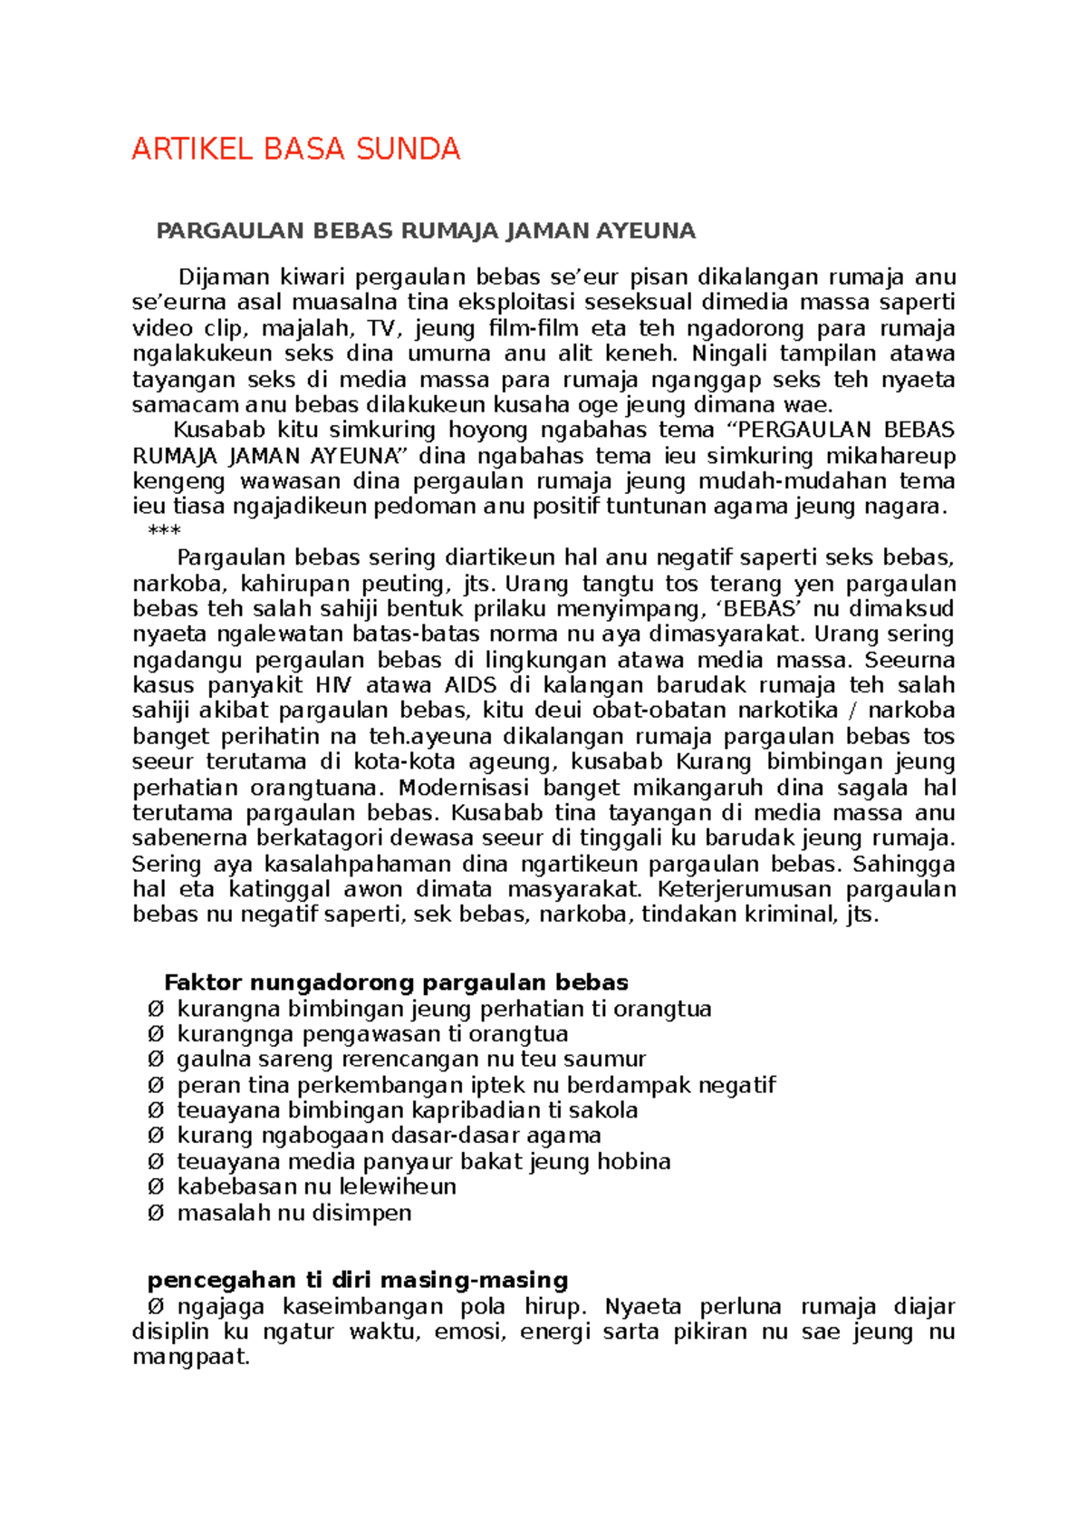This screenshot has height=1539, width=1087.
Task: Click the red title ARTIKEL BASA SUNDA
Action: (296, 149)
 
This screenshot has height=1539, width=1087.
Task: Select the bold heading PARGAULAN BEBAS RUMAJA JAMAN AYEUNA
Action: (426, 231)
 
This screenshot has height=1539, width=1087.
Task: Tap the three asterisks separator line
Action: (164, 531)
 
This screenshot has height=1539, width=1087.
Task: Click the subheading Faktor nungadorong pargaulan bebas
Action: (396, 982)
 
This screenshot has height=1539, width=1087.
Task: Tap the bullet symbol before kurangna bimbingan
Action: (156, 1009)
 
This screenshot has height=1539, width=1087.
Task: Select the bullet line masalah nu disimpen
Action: (293, 1213)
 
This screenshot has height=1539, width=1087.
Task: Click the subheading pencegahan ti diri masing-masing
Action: (358, 1280)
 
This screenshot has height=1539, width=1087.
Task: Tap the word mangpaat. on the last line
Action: (190, 1357)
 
